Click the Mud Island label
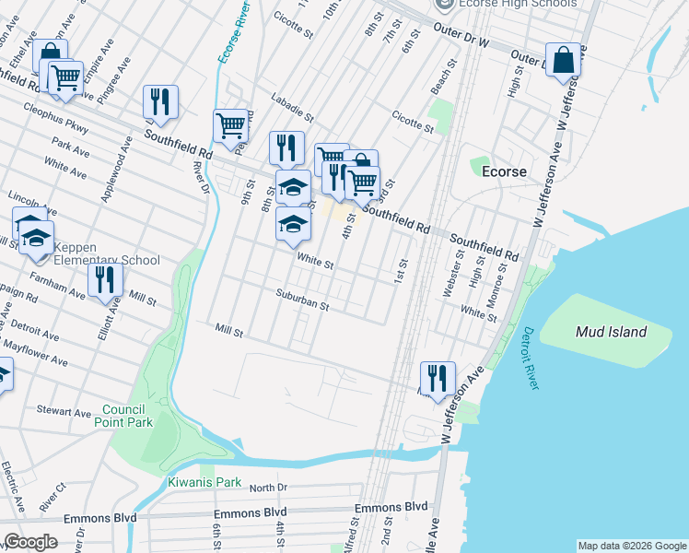pyautogui.click(x=611, y=332)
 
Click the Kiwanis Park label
pyautogui.click(x=204, y=482)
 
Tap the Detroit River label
pyautogui.click(x=529, y=359)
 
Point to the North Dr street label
pyautogui.click(x=268, y=487)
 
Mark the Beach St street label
pyautogui.click(x=445, y=77)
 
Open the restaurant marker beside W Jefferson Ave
pyautogui.click(x=437, y=377)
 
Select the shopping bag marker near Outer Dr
pyautogui.click(x=563, y=61)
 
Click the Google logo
pyautogui.click(x=31, y=542)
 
